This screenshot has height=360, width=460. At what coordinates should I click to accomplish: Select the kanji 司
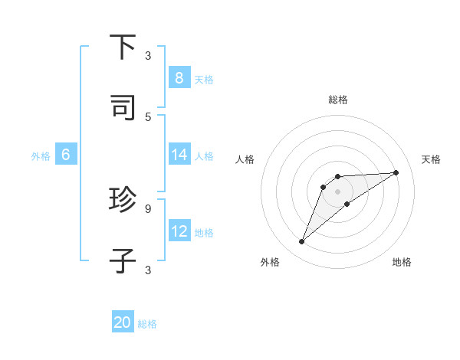123,108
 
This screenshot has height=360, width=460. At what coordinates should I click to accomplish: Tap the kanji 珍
123,200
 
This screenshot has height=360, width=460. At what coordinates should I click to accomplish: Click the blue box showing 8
179,77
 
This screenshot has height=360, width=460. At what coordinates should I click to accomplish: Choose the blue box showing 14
179,154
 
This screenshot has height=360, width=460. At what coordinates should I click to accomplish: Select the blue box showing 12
179,231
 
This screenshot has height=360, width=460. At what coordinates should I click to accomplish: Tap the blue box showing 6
66,154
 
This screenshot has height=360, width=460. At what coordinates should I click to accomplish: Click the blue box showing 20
123,322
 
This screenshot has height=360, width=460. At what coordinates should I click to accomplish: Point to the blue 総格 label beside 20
147,324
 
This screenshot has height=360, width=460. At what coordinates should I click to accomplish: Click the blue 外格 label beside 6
41,155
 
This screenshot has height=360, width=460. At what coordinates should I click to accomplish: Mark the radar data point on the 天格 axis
396,172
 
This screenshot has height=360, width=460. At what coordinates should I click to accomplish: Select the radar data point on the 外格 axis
301,242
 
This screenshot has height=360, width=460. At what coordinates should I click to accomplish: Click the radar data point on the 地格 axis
347,203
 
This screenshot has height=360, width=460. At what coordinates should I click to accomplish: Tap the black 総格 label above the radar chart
337,100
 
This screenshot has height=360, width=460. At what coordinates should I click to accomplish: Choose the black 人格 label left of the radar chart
245,159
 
